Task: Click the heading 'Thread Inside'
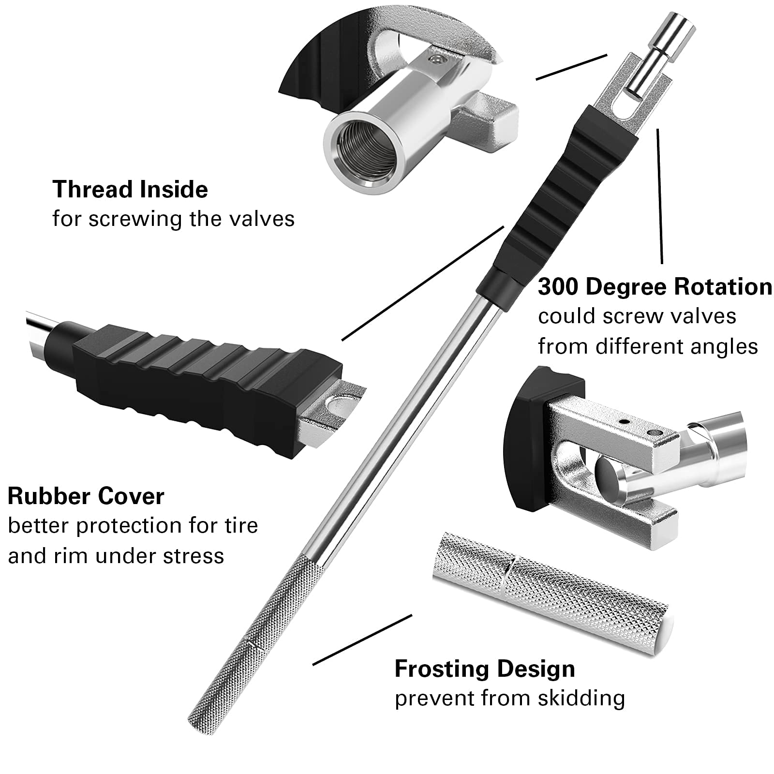pos(130,189)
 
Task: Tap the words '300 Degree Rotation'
pos(655,286)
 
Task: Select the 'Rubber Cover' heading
pos(86,496)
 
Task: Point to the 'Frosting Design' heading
pos(485,669)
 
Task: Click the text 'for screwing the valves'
pos(173,219)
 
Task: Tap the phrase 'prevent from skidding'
pos(510,698)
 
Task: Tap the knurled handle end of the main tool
pos(252,639)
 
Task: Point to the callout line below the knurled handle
pos(362,640)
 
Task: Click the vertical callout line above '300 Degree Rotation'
pos(659,196)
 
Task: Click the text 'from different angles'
pos(647,346)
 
